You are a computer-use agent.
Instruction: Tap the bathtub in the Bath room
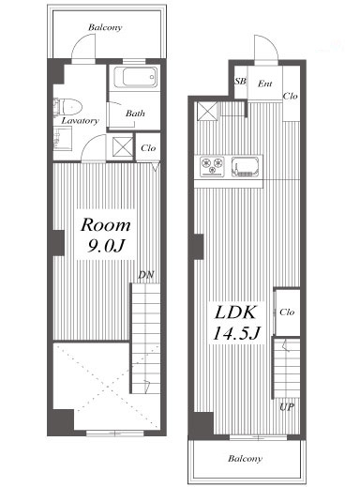pos(136,77)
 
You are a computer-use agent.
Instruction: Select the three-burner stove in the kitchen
pos(213,166)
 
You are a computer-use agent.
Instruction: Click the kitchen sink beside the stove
pos(246,166)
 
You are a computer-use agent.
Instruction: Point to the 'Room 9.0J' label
pos(106,235)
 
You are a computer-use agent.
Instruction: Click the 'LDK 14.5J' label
pos(235,323)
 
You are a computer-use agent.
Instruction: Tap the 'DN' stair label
pos(146,275)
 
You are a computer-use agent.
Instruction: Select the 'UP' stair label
pos(286,407)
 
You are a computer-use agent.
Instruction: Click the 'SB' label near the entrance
pos(240,81)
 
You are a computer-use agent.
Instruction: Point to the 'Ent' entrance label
pos(264,84)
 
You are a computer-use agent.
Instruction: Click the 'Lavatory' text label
pos(80,121)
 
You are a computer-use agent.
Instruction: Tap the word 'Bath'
pos(135,114)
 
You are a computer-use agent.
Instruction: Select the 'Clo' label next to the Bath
pos(148,147)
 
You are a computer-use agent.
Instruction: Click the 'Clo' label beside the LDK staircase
pos(287,312)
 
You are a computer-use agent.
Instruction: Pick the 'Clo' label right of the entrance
pos(290,96)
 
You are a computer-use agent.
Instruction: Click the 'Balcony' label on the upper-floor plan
pos(105,27)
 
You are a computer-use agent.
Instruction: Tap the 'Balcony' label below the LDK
pos(245,459)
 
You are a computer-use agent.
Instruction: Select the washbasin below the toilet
pos(62,138)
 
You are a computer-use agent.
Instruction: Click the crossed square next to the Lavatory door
pos(123,146)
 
